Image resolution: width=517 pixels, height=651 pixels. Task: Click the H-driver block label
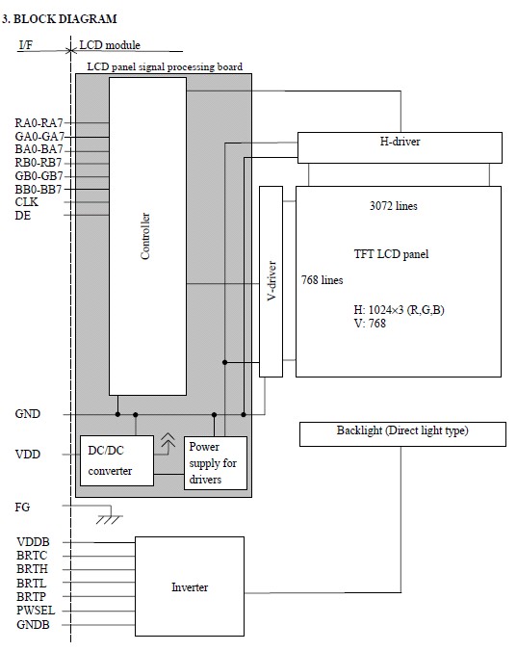(x=400, y=142)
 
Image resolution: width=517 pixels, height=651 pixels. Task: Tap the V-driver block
(x=271, y=281)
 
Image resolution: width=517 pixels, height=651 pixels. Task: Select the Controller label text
(x=145, y=236)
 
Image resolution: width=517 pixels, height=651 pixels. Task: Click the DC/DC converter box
(x=116, y=460)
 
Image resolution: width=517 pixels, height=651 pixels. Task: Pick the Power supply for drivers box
(x=216, y=463)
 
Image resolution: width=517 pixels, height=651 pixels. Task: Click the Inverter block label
(x=190, y=587)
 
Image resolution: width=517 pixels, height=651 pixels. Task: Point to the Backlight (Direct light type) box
(x=402, y=434)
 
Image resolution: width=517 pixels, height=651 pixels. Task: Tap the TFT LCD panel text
(x=391, y=254)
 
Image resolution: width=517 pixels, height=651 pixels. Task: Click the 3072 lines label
(x=394, y=206)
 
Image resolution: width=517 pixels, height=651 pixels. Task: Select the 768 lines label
(x=322, y=280)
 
